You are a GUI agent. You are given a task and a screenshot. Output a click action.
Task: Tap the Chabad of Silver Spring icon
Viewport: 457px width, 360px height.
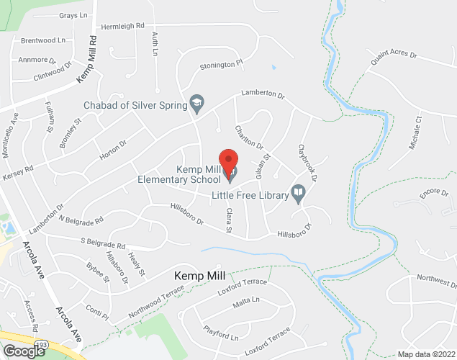195,105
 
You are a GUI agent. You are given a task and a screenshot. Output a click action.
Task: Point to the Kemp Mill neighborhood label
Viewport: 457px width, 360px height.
199,276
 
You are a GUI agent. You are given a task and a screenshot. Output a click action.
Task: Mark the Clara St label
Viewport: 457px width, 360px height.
230,220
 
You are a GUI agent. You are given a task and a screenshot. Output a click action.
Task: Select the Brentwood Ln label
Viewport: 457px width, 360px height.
44,41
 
